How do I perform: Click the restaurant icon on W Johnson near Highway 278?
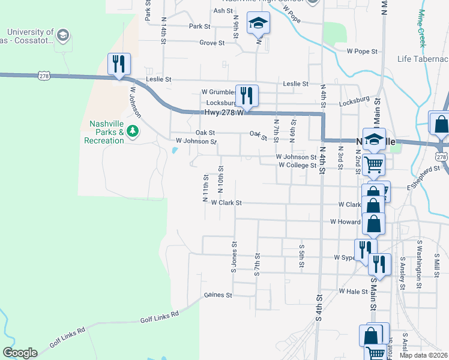click(118, 64)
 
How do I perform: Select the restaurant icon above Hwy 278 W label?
click(247, 95)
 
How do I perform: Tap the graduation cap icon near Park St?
click(259, 24)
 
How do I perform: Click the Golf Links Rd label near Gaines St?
click(160, 317)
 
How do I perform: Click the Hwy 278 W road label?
click(221, 112)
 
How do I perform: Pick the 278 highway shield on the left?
click(43, 76)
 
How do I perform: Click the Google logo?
click(20, 353)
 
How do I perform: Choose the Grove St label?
click(212, 43)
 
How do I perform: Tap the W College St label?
click(296, 166)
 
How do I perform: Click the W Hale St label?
click(353, 292)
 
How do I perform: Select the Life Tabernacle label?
click(423, 59)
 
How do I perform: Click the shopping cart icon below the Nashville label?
click(374, 163)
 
